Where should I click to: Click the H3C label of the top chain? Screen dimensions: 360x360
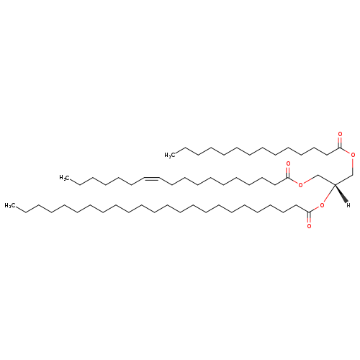pyautogui.click(x=169, y=155)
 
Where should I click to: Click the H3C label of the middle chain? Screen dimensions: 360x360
pyautogui.click(x=64, y=178)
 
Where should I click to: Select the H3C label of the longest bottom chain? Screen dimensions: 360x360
pyautogui.click(x=9, y=205)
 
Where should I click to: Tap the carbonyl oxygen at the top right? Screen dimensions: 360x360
pyautogui.click(x=340, y=134)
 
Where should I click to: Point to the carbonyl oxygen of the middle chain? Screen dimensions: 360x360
pyautogui.click(x=288, y=164)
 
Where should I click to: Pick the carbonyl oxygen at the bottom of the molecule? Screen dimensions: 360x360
pyautogui.click(x=309, y=226)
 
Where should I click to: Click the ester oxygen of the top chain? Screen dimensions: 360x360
pyautogui.click(x=353, y=155)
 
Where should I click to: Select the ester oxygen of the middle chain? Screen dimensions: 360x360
pyautogui.click(x=300, y=184)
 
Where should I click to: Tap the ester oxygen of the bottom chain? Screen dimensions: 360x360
pyautogui.click(x=322, y=205)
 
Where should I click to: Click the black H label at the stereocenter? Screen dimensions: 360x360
pyautogui.click(x=348, y=205)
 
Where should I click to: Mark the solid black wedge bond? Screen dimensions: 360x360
pyautogui.click(x=341, y=193)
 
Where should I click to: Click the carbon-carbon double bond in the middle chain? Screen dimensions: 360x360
pyautogui.click(x=152, y=179)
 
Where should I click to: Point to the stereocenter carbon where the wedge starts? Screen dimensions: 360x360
pyautogui.click(x=335, y=184)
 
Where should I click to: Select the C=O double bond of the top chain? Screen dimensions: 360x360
pyautogui.click(x=340, y=143)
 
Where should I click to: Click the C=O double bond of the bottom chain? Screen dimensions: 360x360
pyautogui.click(x=309, y=217)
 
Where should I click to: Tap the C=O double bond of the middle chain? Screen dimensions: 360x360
pyautogui.click(x=288, y=173)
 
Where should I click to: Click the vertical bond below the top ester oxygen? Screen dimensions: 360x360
pyautogui.click(x=353, y=166)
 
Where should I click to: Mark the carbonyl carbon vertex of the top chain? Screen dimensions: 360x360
pyautogui.click(x=340, y=148)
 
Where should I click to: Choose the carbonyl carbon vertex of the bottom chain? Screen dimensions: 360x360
pyautogui.click(x=309, y=212)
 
